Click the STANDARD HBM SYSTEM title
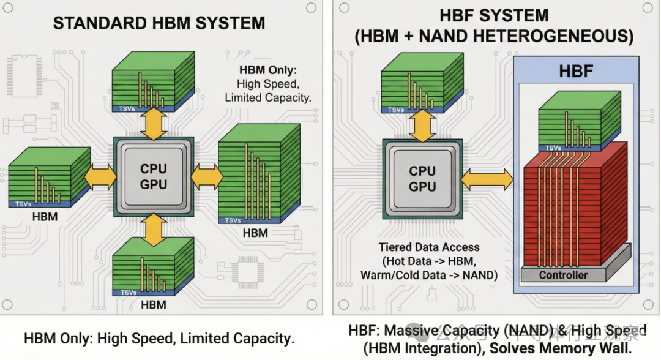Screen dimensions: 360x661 159,24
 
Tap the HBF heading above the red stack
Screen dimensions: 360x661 576,71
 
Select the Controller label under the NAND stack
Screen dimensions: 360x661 563,275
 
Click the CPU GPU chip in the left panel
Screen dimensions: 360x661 154,176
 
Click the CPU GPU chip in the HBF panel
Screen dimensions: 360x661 422,178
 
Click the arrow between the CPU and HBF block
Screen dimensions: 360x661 487,179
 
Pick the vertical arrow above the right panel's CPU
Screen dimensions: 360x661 422,126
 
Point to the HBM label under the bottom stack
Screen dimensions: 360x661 154,304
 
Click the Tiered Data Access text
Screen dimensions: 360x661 428,247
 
